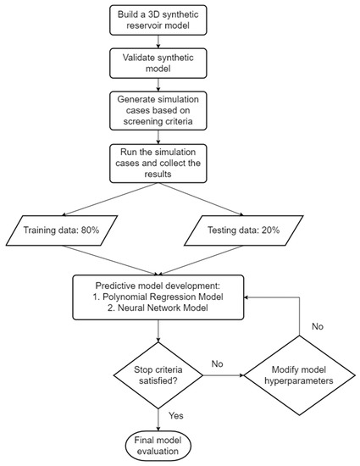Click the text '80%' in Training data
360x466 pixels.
tap(97, 229)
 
